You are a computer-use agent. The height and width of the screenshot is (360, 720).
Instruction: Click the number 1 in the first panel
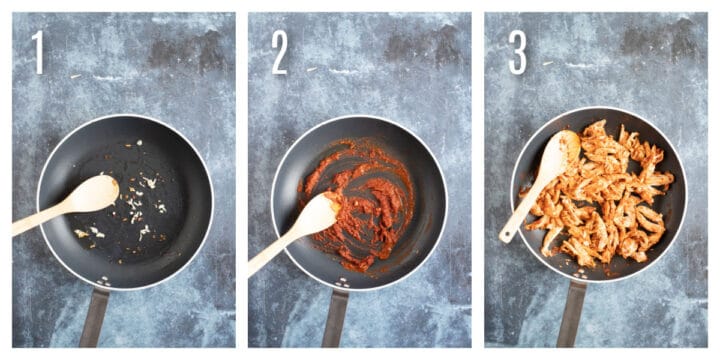tap(39, 52)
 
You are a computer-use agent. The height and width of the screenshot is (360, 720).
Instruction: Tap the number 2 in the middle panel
tap(279, 52)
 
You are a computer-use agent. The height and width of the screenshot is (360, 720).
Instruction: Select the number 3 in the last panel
tap(517, 52)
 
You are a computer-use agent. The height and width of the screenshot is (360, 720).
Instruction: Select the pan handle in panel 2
tap(335, 317)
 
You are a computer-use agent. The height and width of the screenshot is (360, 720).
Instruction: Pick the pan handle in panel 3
tap(572, 314)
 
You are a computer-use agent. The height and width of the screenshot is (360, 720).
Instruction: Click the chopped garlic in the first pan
tap(135, 205)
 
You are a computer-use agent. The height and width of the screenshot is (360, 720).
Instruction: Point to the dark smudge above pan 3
tap(650, 40)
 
